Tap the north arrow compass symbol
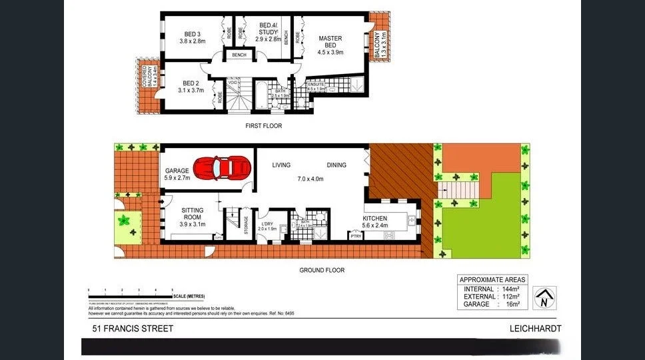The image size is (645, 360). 546,297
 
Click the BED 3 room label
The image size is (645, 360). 193,36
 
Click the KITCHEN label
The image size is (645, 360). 375,219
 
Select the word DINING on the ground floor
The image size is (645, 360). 336,165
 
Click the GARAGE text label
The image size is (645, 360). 177,171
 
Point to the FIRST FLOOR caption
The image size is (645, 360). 263,126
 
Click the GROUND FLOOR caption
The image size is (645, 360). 321,270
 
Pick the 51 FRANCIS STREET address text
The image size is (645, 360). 133,329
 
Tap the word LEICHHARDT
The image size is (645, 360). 535,329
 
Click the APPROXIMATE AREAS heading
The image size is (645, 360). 492,279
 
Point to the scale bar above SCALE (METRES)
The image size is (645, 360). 129,296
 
